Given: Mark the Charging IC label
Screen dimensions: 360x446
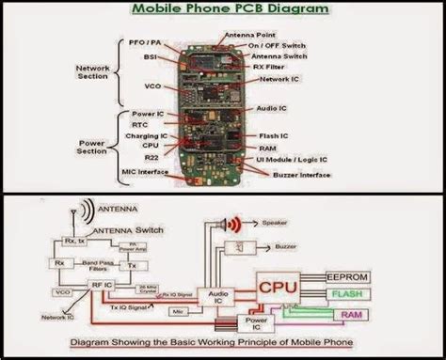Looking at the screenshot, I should pyautogui.click(x=146, y=136).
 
